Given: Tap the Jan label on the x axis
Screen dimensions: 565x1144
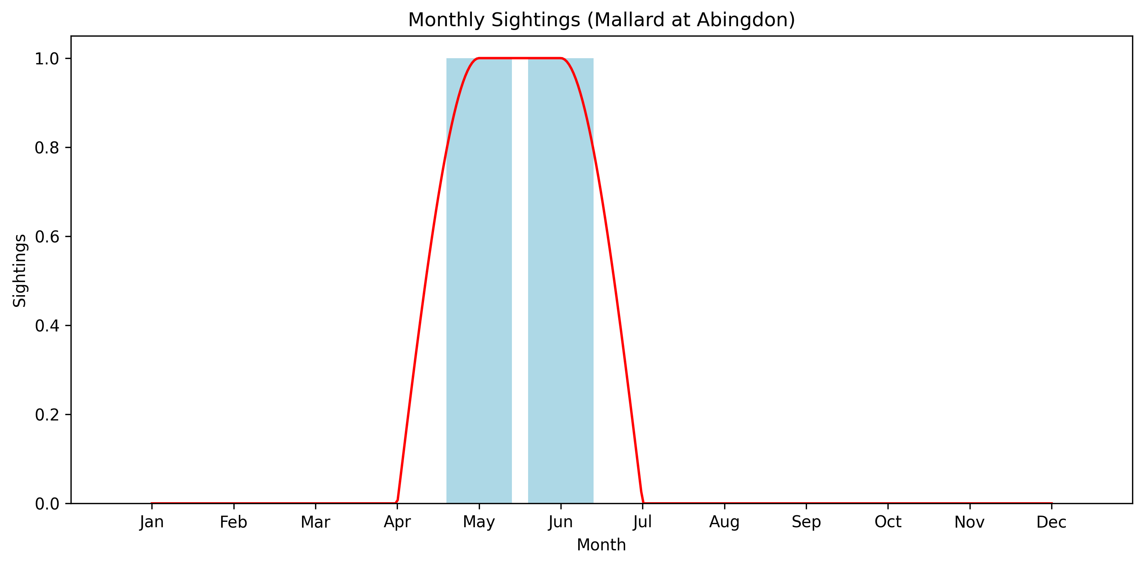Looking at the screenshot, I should (x=152, y=522).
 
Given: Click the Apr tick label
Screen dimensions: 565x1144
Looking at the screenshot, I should (x=397, y=522).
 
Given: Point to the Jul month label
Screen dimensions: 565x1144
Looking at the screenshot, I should (x=642, y=522).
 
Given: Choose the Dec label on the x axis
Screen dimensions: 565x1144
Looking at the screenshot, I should (x=1051, y=522).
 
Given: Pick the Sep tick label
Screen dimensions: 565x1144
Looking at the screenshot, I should (x=806, y=522).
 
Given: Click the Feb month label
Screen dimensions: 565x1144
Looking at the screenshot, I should (x=233, y=522).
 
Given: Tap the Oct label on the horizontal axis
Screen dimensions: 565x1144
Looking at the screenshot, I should (x=888, y=522).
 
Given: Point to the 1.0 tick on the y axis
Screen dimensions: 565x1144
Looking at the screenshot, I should (x=47, y=59).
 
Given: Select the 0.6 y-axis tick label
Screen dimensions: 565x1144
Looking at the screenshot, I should (x=47, y=237).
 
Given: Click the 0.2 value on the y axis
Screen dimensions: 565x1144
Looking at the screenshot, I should (x=47, y=415).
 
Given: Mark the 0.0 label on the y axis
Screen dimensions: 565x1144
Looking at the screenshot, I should (x=47, y=504).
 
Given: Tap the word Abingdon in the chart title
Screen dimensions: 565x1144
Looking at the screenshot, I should (x=746, y=20).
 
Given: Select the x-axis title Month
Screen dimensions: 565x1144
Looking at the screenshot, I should (x=601, y=545).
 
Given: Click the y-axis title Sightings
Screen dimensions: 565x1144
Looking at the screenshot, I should (x=20, y=270).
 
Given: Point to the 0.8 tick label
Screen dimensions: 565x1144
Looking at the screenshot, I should (x=47, y=148).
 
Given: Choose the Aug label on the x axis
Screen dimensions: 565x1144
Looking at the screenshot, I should (x=724, y=522).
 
